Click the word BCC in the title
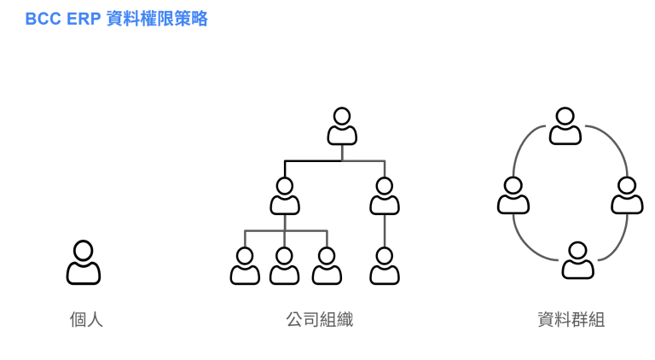pos(43,19)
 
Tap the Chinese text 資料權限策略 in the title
pos(157,19)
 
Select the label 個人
pos(86,320)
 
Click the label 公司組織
pos(320,320)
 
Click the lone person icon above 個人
pos(84,263)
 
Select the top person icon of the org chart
pos(342,126)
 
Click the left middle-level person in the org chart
pos(285,196)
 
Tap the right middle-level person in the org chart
pos(385,196)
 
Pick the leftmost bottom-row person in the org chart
pos(245,266)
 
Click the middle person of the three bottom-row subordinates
pos(285,266)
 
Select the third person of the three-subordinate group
pos(326,266)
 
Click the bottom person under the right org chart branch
pos(385,266)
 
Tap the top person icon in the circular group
pos(565,126)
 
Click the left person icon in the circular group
pos(513,196)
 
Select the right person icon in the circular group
pos(627,196)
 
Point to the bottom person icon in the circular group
pos(577,261)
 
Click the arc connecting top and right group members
pos(612,141)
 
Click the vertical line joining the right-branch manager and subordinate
pos(385,230)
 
